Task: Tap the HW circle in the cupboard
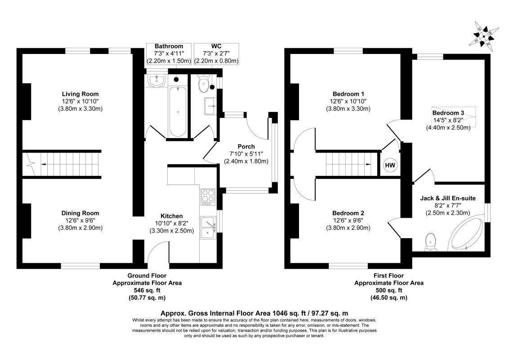[390, 166]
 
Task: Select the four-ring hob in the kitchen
[207, 197]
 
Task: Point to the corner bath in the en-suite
[468, 234]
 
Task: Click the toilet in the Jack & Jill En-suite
[431, 241]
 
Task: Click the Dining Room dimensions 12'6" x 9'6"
[80, 220]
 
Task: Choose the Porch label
[246, 146]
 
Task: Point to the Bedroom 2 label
[348, 213]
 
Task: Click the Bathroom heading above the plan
[169, 46]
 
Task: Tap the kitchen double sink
[208, 228]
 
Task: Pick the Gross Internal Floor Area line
[254, 313]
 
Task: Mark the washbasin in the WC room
[210, 106]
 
